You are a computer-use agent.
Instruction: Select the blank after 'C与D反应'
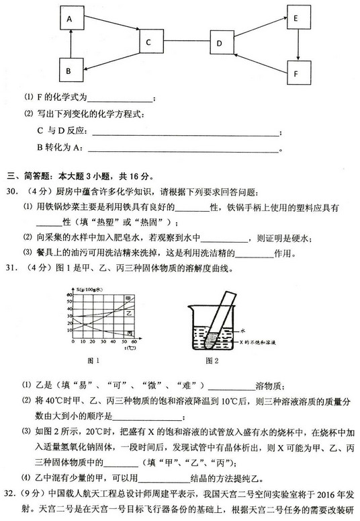coord(181,132)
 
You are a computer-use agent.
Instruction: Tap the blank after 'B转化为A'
coord(181,149)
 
